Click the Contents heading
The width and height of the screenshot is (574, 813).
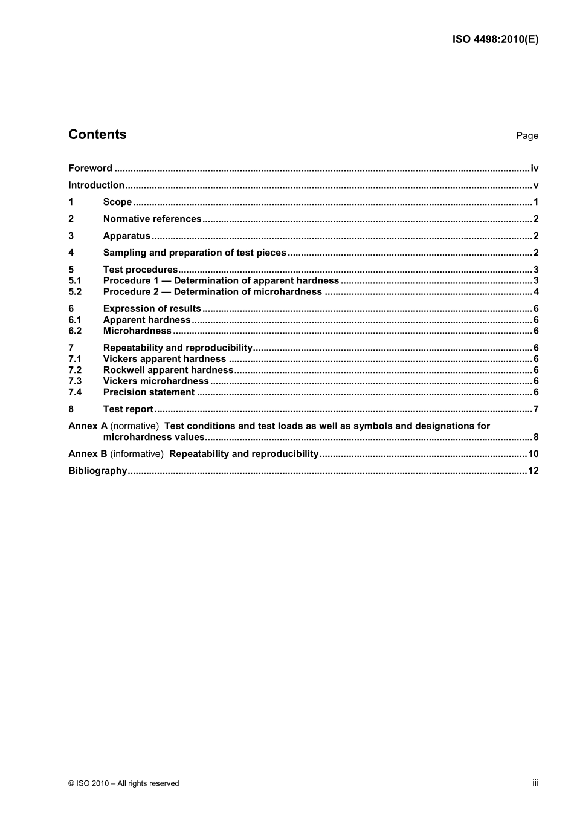coord(97,135)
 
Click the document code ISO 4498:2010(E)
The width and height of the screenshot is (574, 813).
coord(495,40)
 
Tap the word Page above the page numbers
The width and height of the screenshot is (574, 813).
coord(527,136)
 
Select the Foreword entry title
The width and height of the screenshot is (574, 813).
coord(90,169)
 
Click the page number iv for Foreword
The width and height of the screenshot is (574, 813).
coord(534,169)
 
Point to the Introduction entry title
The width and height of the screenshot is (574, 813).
coord(96,186)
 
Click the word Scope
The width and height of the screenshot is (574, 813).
coord(117,202)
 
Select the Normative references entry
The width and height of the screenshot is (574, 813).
coord(152,219)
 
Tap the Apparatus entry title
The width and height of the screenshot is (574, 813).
coord(126,236)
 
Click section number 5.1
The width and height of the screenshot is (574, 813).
coord(75,281)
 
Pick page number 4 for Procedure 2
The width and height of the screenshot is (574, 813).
coord(536,292)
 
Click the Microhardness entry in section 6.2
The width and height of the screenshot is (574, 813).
coord(137,331)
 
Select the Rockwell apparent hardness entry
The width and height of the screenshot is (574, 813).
coord(168,370)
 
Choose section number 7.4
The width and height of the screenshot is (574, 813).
coord(75,392)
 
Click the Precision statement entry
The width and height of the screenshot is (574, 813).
coord(149,392)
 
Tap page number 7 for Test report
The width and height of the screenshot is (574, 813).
coord(536,409)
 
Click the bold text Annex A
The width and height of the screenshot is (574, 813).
coord(88,426)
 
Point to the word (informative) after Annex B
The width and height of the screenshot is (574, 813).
coord(137,454)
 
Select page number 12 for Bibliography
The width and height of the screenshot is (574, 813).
coord(533,471)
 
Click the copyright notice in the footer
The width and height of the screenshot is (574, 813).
coord(124,783)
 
